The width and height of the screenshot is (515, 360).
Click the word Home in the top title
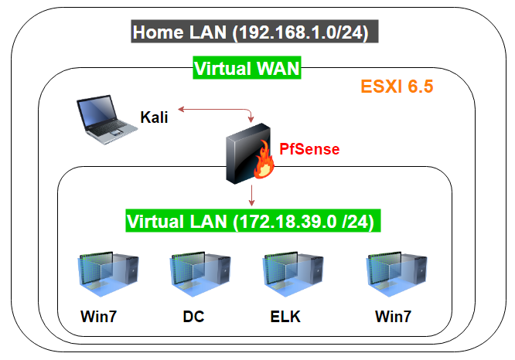pos(157,33)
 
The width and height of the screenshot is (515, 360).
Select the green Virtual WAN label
pos(247,70)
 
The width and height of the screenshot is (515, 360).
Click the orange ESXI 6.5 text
pos(397,86)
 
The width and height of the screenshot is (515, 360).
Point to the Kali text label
pos(154,117)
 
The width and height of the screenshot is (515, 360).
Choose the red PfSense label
pos(309,148)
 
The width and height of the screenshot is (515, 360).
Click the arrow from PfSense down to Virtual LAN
pos(252,195)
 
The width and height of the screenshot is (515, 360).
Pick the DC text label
pos(193,318)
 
